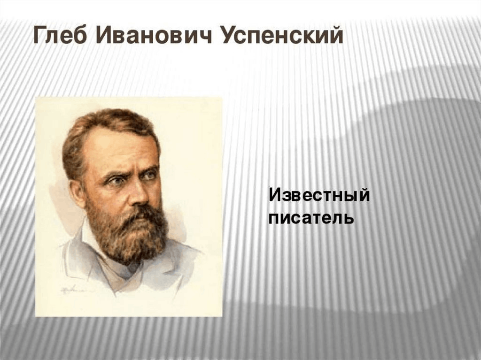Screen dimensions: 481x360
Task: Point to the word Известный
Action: point(319,196)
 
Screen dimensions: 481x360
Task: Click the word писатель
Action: point(311,218)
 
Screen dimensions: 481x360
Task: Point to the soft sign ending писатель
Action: point(349,219)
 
